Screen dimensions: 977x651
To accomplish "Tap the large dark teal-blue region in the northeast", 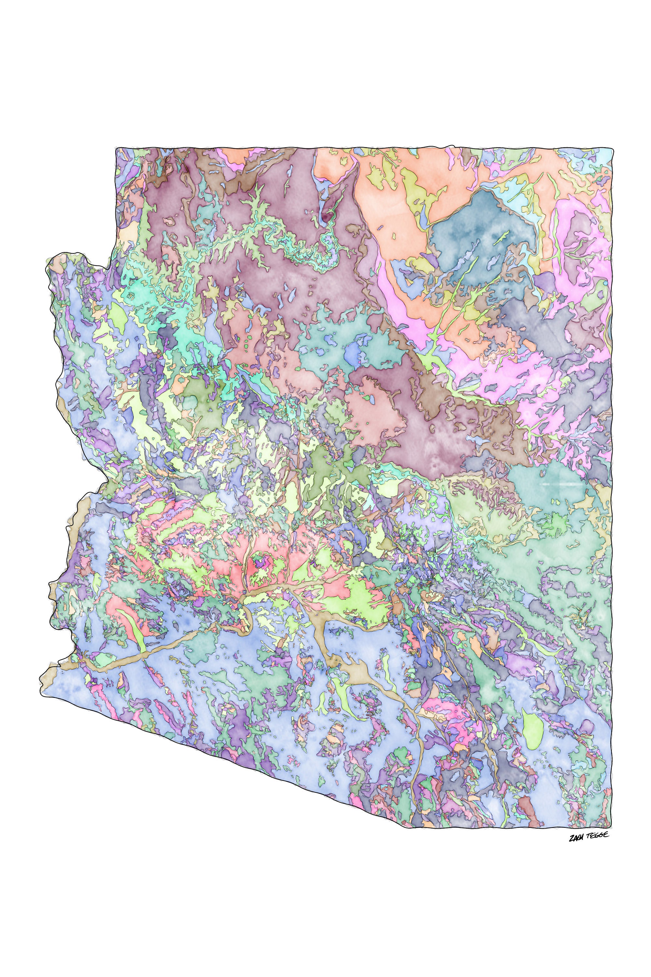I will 478,233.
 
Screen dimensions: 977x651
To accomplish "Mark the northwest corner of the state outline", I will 117,148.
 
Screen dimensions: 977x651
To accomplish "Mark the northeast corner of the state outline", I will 612,149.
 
